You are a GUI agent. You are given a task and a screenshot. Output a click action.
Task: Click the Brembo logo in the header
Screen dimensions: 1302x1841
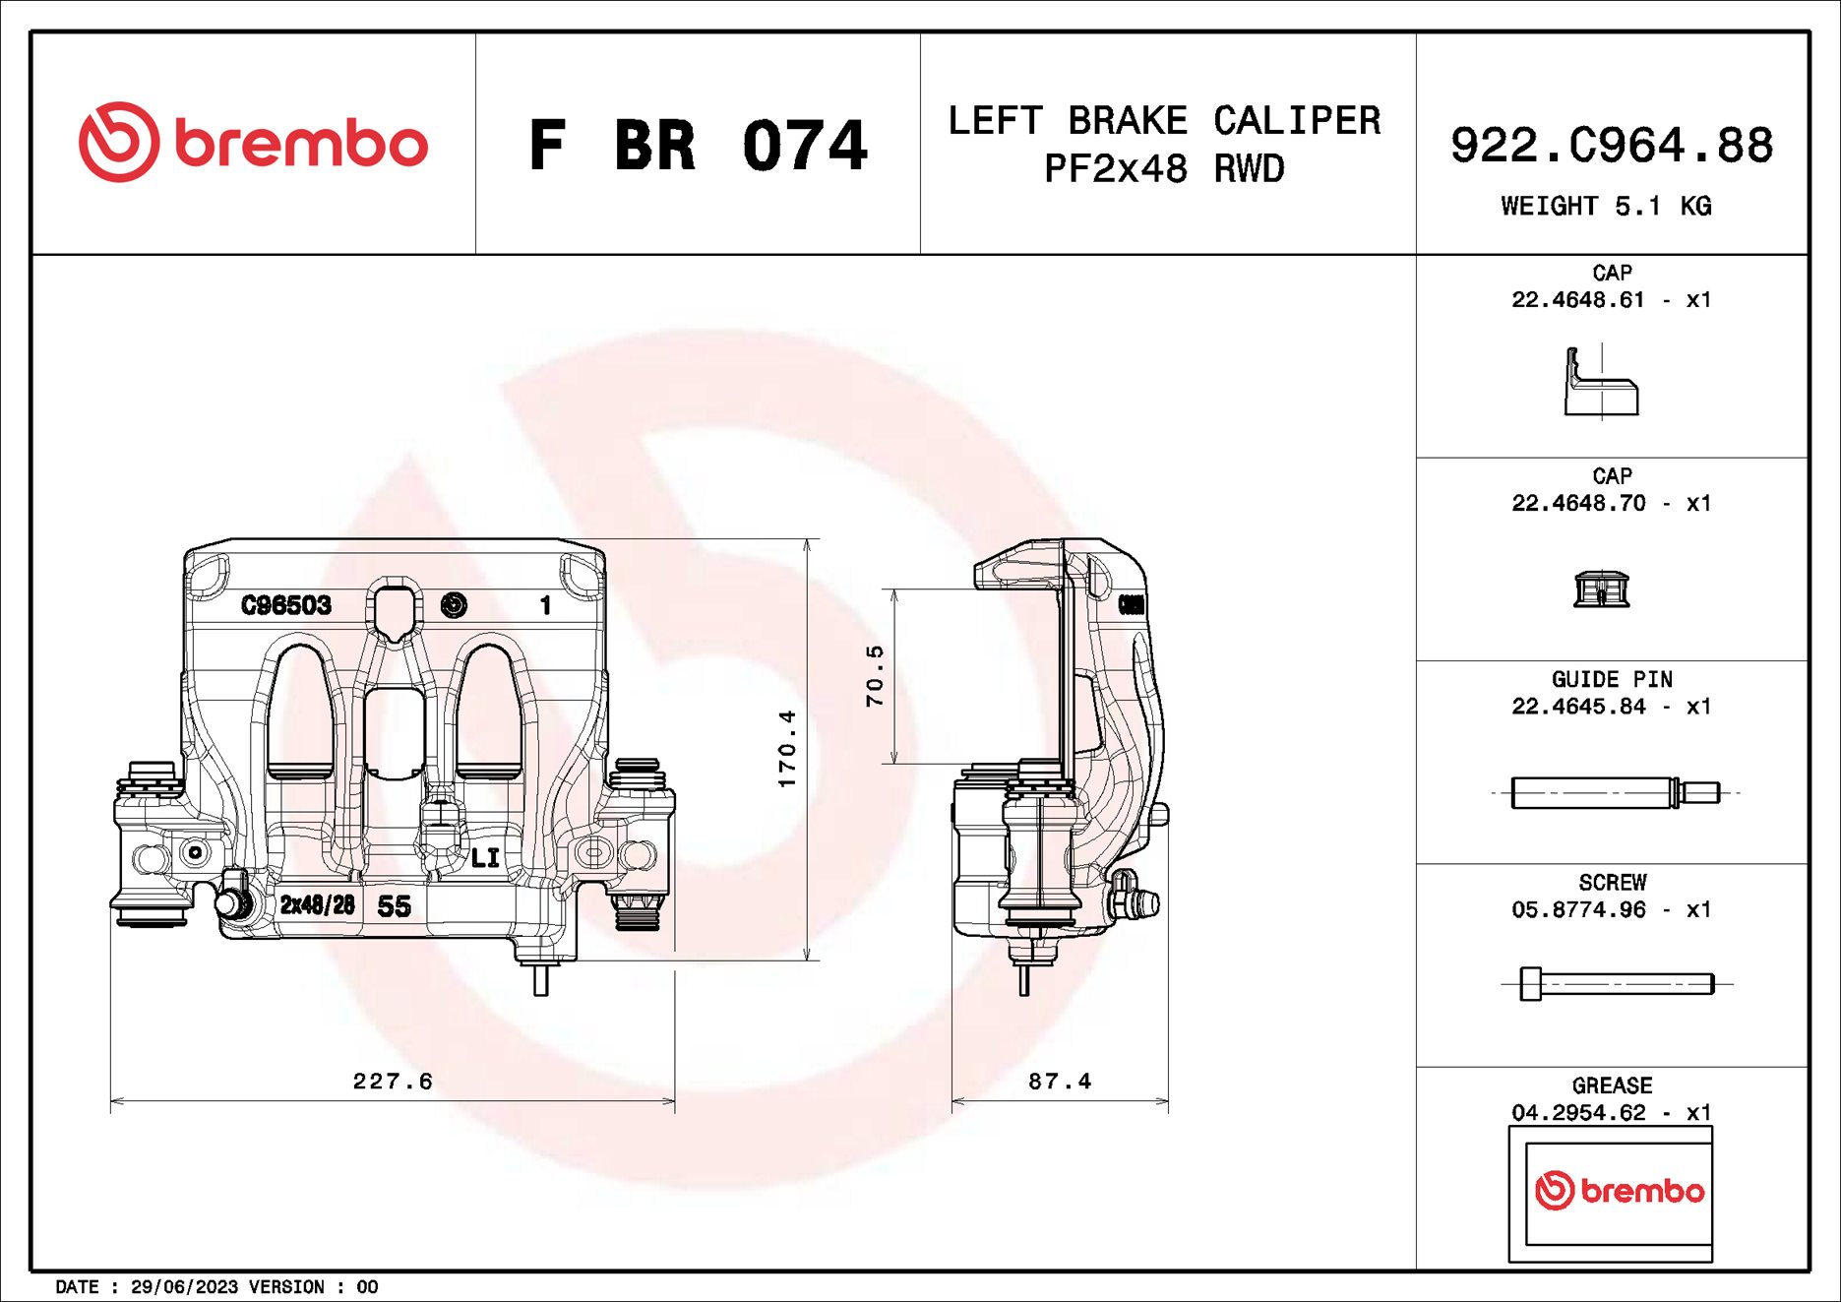pos(253,143)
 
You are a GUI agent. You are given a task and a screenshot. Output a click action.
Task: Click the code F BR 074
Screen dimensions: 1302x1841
pos(698,146)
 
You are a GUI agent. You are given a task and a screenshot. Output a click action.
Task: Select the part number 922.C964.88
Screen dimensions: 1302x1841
pos(1611,146)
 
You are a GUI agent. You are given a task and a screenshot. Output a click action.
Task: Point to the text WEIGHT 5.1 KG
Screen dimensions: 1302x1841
pos(1605,206)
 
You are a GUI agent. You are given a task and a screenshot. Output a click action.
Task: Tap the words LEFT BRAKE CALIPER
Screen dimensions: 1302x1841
pos(1164,121)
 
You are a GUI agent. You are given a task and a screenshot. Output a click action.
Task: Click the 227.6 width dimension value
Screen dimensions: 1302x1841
pos(393,1081)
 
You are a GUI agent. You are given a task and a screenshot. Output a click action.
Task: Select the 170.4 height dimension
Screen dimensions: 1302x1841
pos(787,748)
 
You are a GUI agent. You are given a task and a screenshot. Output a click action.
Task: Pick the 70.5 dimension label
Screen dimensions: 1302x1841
pos(875,676)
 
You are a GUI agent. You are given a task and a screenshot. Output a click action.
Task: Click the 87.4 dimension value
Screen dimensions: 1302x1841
pos(1060,1081)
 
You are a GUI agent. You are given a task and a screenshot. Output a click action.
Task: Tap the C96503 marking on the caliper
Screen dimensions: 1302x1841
pos(286,605)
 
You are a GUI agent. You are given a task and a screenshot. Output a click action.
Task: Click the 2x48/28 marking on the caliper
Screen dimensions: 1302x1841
pos(317,904)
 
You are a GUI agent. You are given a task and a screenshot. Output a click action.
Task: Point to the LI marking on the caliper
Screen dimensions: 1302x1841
pos(485,858)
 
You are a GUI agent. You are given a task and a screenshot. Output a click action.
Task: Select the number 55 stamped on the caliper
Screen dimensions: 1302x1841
pos(394,906)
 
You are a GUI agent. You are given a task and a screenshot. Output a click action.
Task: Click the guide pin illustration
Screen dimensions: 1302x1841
pos(1614,792)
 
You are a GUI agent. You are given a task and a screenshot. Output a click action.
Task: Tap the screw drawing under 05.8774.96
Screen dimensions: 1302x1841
pos(1615,983)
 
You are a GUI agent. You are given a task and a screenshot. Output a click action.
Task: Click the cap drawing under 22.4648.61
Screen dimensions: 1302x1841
pos(1601,383)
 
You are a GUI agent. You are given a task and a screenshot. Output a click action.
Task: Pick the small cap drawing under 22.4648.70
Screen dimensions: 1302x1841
pos(1601,589)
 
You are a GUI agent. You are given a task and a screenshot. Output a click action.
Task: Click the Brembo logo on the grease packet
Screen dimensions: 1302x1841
pos(1619,1191)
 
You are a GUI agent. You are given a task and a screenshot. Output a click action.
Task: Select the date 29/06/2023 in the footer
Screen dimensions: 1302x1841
pos(184,1286)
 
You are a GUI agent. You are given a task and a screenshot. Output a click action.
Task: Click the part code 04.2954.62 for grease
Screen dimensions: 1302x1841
pos(1578,1112)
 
